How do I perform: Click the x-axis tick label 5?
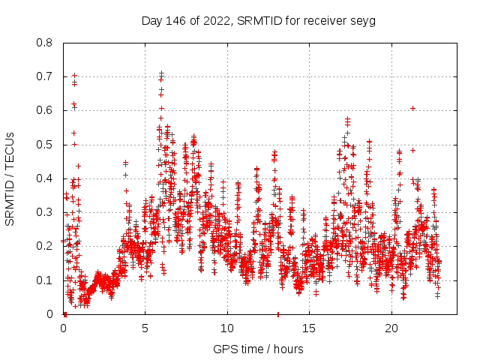point(145,328)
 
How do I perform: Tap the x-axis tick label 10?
point(227,328)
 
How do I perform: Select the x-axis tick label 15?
point(309,328)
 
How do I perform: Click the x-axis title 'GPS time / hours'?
point(258,349)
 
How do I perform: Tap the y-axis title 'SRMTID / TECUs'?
point(10,179)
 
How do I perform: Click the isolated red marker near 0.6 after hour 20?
point(412,108)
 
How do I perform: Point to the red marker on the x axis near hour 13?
point(278,314)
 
